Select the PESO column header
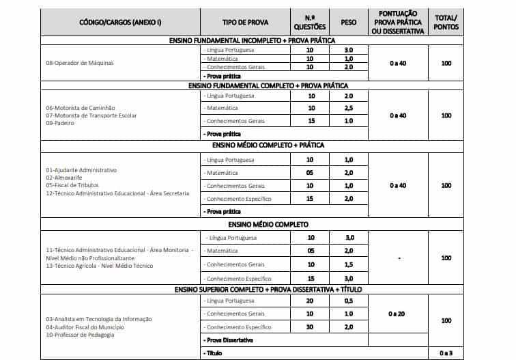pos(348,23)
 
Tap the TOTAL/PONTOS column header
pos(446,23)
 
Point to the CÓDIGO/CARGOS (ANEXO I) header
pos(120,23)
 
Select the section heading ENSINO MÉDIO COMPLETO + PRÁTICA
pos(258,146)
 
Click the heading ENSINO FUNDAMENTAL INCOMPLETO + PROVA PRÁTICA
pos(258,41)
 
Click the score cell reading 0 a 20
pos(398,314)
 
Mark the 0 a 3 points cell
pos(446,353)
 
